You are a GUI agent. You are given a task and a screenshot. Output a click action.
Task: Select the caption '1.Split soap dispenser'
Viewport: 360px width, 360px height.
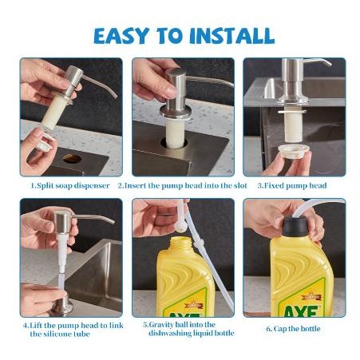(71, 185)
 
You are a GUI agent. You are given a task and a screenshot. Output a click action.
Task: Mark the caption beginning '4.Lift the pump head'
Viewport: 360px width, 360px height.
(71, 328)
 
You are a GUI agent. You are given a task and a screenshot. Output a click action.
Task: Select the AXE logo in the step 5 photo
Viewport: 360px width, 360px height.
(188, 307)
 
